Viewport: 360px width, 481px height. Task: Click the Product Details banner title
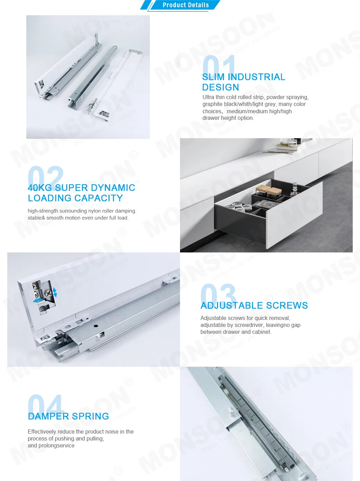(186, 5)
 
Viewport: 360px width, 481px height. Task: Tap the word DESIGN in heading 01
(220, 87)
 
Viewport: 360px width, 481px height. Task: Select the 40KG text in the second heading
(40, 188)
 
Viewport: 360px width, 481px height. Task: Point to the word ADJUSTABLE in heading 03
(232, 305)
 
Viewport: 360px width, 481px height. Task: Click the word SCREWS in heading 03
(287, 305)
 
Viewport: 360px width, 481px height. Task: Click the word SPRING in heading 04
(91, 416)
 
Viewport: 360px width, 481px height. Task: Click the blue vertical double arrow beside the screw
(55, 292)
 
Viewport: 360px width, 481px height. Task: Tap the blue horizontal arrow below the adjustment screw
(38, 301)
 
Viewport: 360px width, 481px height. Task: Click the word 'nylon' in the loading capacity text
(100, 211)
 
